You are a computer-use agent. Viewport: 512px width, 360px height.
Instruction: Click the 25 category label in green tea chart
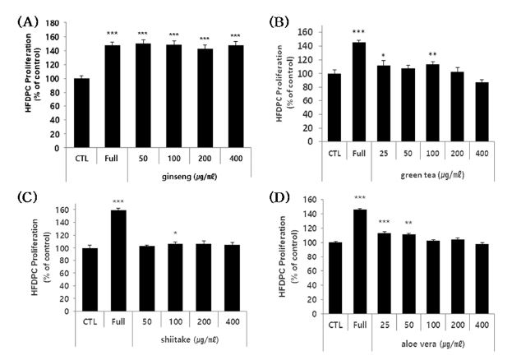click(383, 151)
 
